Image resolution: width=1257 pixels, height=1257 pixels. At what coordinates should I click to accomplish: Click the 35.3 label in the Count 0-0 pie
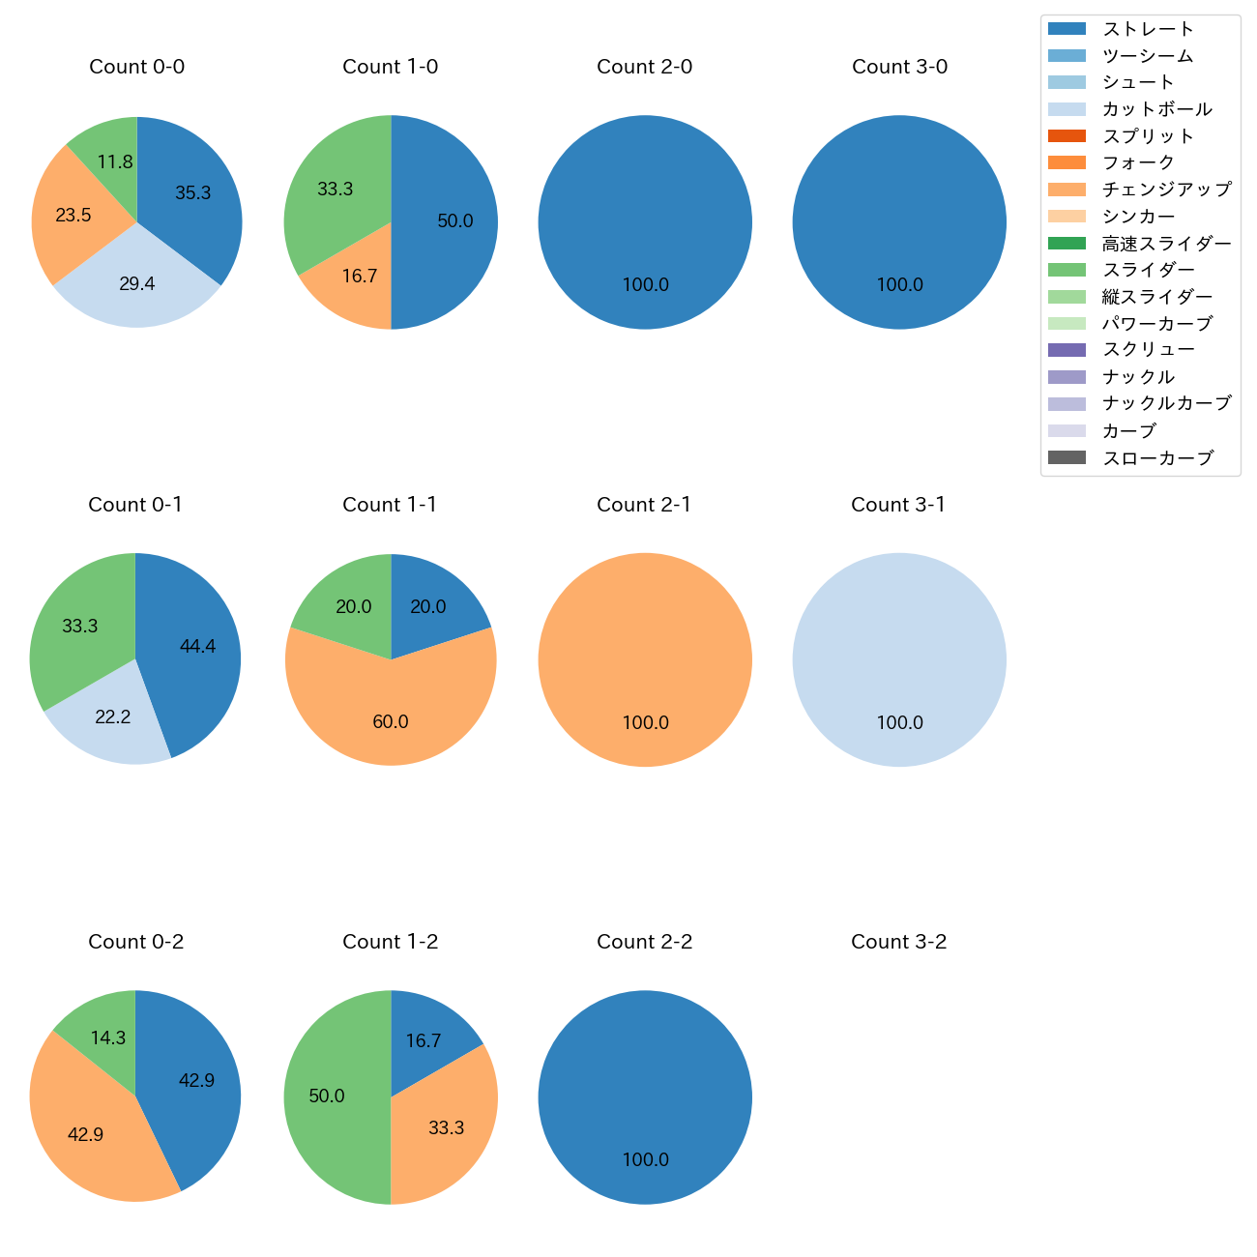(x=192, y=193)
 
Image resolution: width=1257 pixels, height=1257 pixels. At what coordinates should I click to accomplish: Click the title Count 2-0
(x=644, y=67)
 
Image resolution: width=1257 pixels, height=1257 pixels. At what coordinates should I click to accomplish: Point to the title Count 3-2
(x=898, y=942)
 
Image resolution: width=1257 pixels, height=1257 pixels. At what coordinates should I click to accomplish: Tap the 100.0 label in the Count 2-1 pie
(x=645, y=722)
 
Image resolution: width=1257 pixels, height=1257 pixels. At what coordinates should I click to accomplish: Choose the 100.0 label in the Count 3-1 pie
(x=899, y=722)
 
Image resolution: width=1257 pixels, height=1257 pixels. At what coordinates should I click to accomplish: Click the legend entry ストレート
(x=1148, y=29)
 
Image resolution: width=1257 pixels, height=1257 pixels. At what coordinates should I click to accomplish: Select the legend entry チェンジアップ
(x=1166, y=190)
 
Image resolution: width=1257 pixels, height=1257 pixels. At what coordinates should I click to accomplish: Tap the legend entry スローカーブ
(x=1157, y=458)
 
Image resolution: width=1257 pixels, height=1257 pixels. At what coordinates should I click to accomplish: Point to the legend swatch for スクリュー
(x=1067, y=350)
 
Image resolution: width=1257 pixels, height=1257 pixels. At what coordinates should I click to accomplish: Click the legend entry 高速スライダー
(x=1166, y=244)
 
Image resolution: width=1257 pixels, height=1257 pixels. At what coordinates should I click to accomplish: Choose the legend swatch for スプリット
(x=1067, y=136)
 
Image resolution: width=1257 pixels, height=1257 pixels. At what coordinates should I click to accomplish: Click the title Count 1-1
(x=390, y=505)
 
